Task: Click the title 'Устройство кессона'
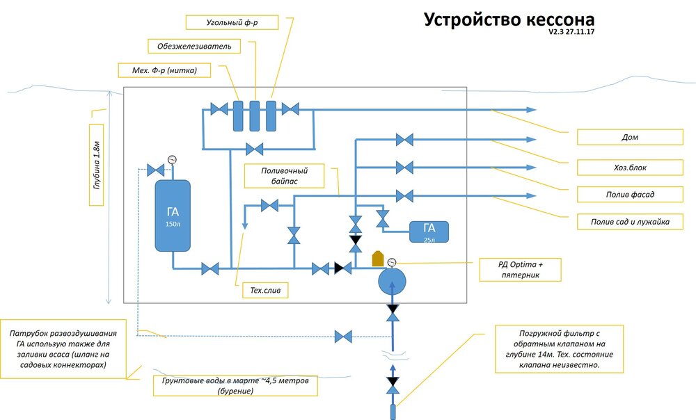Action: pyautogui.click(x=510, y=19)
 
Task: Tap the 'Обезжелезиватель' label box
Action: pyautogui.click(x=195, y=46)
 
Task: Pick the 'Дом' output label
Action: pyautogui.click(x=629, y=137)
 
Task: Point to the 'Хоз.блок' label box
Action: pyautogui.click(x=629, y=167)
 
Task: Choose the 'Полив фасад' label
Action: pyautogui.click(x=629, y=194)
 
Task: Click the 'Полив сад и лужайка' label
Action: pyautogui.click(x=629, y=222)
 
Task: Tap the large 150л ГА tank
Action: pyautogui.click(x=173, y=215)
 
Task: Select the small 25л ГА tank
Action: pyautogui.click(x=429, y=232)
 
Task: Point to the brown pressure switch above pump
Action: pyautogui.click(x=378, y=258)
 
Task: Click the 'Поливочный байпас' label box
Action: pyautogui.click(x=284, y=176)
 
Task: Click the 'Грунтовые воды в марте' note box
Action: pyautogui.click(x=235, y=386)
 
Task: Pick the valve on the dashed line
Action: pyautogui.click(x=343, y=337)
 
